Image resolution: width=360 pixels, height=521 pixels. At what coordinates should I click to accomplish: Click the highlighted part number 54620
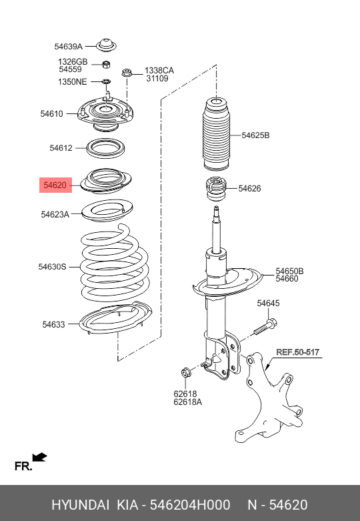tap(55, 185)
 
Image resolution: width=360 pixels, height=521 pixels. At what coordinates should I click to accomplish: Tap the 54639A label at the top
tap(69, 47)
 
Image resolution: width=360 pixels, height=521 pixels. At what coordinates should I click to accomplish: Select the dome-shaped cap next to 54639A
tap(106, 45)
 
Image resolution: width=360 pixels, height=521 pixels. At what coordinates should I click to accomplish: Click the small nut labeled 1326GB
tap(106, 64)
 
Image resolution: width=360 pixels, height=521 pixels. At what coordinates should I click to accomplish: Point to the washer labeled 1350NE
tap(106, 81)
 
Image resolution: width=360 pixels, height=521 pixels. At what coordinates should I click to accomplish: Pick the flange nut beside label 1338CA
tap(126, 72)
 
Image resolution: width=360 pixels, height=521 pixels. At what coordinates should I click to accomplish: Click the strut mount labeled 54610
tap(105, 113)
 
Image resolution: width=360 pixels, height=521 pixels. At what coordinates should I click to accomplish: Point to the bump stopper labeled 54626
tap(216, 189)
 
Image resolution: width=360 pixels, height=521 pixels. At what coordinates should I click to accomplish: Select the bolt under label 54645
tap(266, 327)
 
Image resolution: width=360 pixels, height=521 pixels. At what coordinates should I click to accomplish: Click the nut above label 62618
tap(185, 372)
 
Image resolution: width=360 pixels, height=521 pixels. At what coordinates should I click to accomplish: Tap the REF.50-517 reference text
tap(297, 352)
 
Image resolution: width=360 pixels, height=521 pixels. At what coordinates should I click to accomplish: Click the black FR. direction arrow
tap(40, 458)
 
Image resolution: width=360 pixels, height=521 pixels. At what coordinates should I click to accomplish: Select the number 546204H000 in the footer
tap(190, 505)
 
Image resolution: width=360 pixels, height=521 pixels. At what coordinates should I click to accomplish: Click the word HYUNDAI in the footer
tap(81, 505)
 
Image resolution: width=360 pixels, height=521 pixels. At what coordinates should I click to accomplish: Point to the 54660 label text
tap(287, 279)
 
